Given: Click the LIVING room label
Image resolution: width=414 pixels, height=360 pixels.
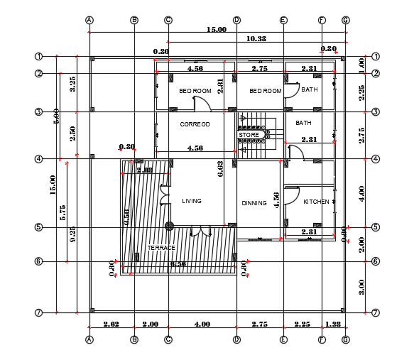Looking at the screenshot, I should pos(192,201).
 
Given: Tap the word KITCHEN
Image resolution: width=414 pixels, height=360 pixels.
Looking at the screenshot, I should pos(316,202).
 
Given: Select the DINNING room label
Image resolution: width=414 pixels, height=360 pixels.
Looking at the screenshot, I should pos(254,203).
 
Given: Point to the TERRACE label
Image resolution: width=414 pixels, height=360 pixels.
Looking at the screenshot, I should pos(160,248).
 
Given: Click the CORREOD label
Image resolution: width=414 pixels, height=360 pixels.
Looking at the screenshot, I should pos(195,124).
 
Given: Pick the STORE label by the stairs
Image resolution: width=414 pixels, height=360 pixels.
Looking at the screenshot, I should pos(249,134).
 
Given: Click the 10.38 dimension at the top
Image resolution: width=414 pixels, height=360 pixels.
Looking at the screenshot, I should pos(256,38).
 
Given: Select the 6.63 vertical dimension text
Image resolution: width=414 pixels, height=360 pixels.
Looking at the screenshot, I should pos(221,168).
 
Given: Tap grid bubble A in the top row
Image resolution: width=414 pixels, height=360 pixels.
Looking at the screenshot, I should pos(89,20).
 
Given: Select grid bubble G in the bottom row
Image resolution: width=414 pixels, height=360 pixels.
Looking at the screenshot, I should pos(345,339).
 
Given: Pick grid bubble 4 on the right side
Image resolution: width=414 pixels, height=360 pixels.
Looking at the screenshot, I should pos(376,159).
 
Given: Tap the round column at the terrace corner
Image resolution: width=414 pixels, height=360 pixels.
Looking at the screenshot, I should pos(170,227).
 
